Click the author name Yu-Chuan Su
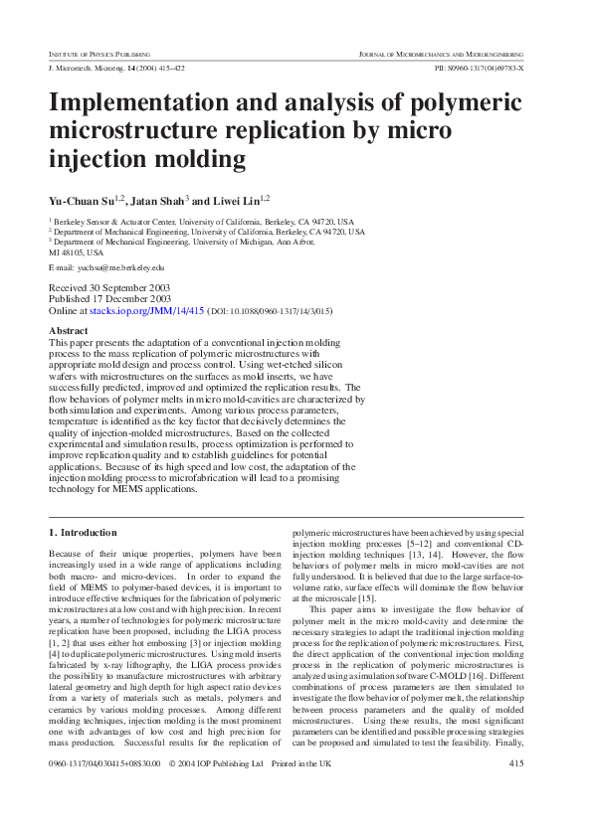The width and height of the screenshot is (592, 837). [x=82, y=201]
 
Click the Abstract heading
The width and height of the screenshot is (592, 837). [x=68, y=330]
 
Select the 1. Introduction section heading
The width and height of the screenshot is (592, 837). [x=83, y=533]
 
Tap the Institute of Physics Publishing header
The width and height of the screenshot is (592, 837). [x=99, y=52]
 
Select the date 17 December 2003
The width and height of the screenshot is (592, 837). [x=130, y=298]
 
